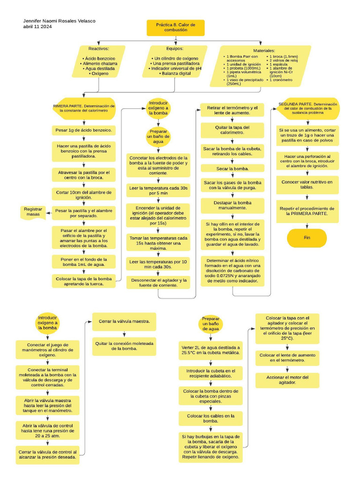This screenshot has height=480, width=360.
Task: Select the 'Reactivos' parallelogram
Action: (x=98, y=61)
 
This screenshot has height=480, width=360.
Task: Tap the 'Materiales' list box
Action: (x=261, y=66)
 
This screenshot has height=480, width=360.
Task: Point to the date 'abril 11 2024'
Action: (x=37, y=27)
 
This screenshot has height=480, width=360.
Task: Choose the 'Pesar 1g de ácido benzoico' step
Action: (x=83, y=130)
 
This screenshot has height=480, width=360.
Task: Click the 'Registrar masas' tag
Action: (x=34, y=212)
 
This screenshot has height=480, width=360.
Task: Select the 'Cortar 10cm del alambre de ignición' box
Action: (x=83, y=195)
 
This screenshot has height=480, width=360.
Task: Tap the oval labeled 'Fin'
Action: (x=307, y=238)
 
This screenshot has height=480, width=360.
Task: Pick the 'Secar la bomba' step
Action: (x=232, y=168)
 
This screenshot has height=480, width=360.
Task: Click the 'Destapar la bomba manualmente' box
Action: (x=232, y=205)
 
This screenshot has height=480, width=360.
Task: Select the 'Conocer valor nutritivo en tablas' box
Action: (x=307, y=184)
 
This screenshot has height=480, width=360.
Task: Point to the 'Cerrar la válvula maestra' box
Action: (x=124, y=322)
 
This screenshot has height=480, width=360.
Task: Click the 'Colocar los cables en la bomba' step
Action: (x=210, y=419)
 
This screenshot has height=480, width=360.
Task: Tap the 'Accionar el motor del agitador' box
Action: (x=287, y=380)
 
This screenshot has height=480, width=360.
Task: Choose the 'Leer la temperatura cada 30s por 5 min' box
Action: (x=158, y=190)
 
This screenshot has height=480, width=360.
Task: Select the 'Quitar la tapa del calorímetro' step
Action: (x=232, y=130)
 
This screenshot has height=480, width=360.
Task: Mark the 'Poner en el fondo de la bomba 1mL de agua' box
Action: (x=83, y=262)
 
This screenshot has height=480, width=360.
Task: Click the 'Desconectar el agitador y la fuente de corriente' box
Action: (x=158, y=283)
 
